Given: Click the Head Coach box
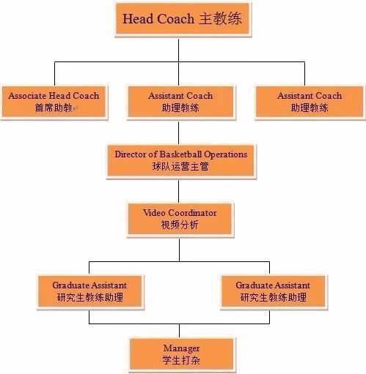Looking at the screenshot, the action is tap(183, 18).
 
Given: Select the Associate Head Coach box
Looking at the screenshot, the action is tap(54, 102).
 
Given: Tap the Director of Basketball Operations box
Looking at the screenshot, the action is tap(180, 161).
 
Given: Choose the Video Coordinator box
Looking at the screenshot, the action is tap(180, 219).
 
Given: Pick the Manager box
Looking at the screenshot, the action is tap(181, 354).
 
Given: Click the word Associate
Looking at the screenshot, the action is tap(27, 96).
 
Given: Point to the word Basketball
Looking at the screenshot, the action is tap(180, 154).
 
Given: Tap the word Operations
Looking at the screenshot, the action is tap(225, 154).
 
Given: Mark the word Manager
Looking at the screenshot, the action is tap(181, 348).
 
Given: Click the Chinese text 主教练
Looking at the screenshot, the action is tap(220, 19).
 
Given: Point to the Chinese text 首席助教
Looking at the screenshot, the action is tap(54, 108).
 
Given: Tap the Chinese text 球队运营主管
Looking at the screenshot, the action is tap(180, 167).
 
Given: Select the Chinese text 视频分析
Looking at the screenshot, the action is tap(180, 225).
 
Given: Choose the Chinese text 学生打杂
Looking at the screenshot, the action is tap(181, 360).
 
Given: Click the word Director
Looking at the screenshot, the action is tap(131, 154).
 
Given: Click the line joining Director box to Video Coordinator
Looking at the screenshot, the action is tap(179, 191).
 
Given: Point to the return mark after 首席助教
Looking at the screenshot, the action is tap(75, 108).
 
